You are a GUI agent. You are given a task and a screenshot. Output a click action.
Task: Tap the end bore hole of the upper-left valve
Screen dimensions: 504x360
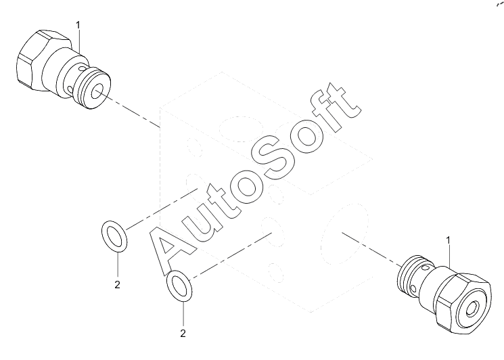click(x=99, y=91)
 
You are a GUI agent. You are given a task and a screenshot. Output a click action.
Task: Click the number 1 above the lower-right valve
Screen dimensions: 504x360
click(x=448, y=240)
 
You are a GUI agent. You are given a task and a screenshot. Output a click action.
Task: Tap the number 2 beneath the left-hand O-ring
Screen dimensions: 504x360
click(x=117, y=284)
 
